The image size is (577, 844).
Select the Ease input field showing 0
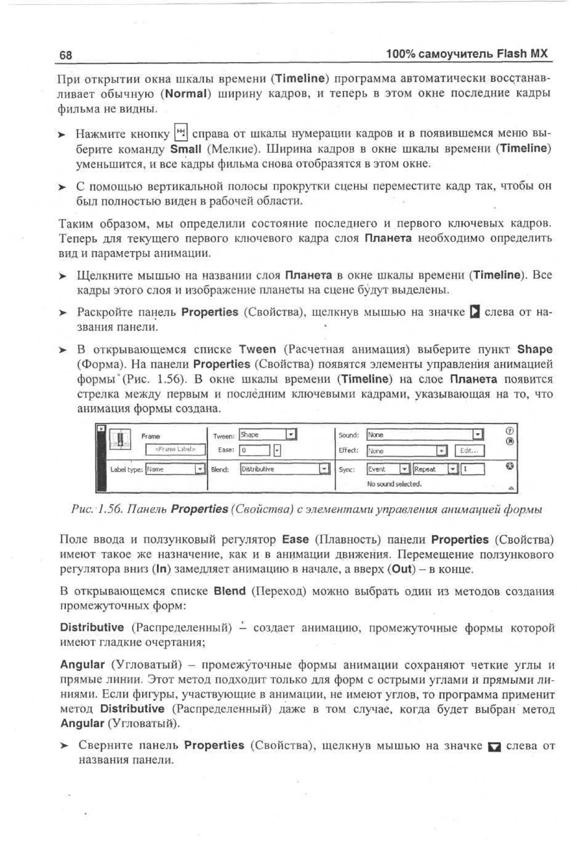point(254,450)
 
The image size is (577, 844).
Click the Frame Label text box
point(176,449)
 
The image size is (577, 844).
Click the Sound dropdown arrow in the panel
point(478,434)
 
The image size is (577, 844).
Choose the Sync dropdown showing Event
point(388,469)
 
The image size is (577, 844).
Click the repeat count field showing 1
point(473,469)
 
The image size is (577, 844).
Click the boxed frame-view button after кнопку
point(181,132)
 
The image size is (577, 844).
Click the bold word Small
point(186,149)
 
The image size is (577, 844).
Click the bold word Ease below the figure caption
point(295,539)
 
